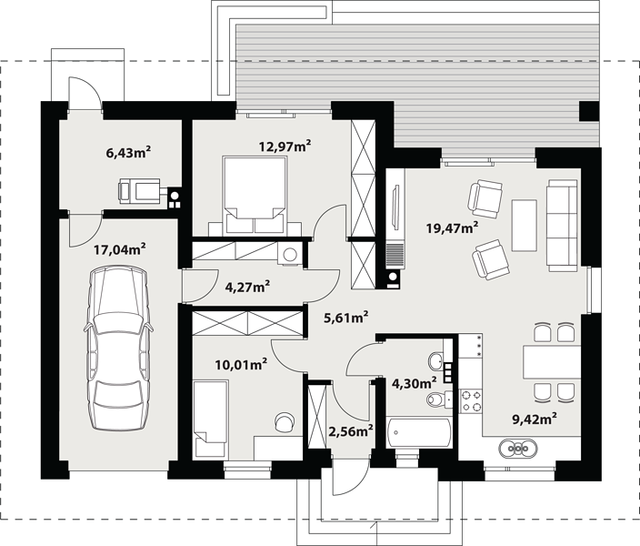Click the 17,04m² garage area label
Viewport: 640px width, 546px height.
tap(120, 249)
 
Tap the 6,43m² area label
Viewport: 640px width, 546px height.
tap(128, 153)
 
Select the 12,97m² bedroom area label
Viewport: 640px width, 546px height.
tap(285, 146)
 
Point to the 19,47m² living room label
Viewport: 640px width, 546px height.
tap(452, 227)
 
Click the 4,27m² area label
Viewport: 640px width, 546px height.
tap(248, 287)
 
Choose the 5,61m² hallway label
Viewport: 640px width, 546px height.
tap(346, 318)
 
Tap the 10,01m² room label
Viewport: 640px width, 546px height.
tap(241, 364)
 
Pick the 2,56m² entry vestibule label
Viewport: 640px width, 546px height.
tap(351, 430)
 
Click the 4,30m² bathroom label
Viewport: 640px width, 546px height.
tap(415, 382)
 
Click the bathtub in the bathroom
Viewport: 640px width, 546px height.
tap(418, 431)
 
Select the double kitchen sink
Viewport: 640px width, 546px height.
tap(518, 449)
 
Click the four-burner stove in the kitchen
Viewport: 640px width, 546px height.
tap(471, 401)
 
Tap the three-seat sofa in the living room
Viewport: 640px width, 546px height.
tap(563, 225)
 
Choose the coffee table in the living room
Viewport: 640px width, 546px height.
tap(524, 225)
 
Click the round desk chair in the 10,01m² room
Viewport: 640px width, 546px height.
tap(285, 421)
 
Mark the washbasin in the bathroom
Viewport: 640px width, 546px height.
tap(436, 361)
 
